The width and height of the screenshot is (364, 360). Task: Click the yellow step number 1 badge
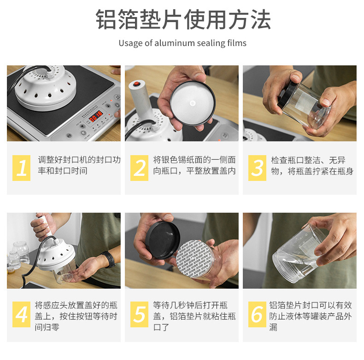coord(21,168)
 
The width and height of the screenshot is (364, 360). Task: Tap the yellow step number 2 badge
coord(139,168)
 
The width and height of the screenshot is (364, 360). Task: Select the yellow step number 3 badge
coord(257,168)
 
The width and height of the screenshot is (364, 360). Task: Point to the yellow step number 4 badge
coord(21,314)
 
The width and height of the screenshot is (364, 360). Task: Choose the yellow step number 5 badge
coord(139,314)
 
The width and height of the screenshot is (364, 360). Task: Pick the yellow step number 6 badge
coord(257,314)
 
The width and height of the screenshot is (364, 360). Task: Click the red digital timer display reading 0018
coord(96,116)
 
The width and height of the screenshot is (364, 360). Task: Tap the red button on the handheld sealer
coord(137,83)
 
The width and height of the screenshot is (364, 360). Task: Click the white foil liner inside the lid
coord(192,103)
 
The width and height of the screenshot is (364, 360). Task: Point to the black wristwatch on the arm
coord(110,259)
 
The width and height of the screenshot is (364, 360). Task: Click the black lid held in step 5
coord(163,240)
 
